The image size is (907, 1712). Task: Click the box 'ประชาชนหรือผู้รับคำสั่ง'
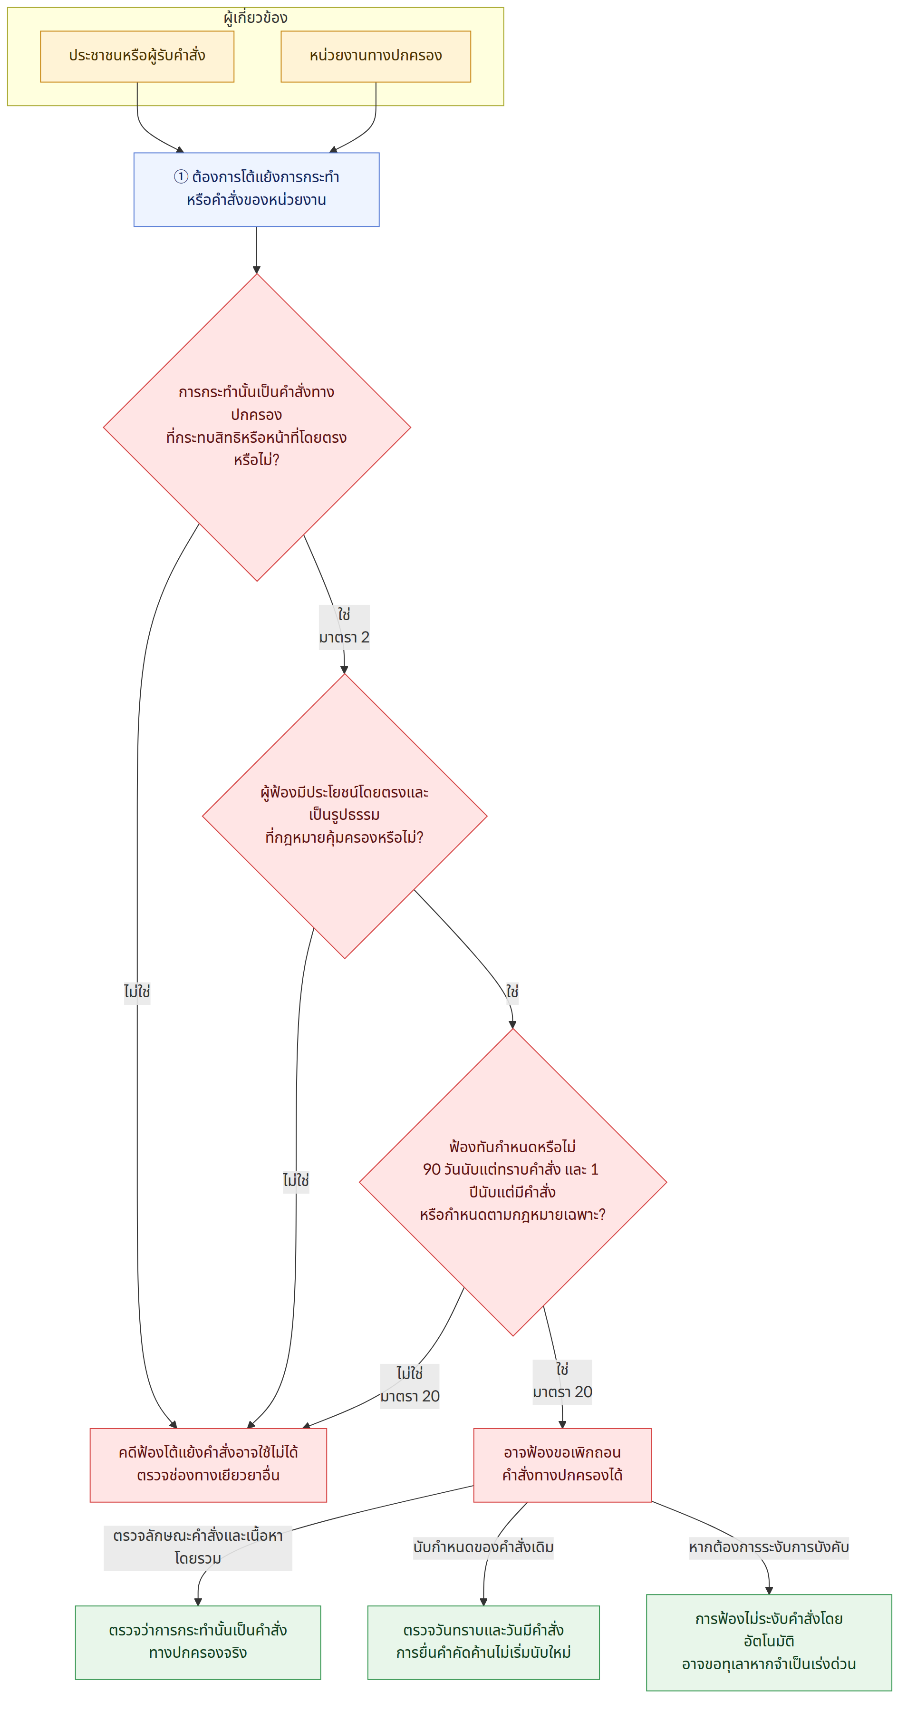pos(137,57)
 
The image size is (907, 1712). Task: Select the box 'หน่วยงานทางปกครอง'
pos(376,57)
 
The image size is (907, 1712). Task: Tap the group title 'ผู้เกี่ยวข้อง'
pos(256,18)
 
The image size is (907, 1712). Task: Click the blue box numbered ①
pos(257,189)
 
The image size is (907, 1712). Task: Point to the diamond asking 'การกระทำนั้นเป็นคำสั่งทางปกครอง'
pos(257,428)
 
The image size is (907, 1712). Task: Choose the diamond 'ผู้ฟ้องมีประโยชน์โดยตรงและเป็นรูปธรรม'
pos(345,816)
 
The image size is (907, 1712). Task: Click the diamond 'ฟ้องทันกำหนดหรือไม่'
pos(513,1182)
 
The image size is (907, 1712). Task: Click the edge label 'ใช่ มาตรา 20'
pos(562,1381)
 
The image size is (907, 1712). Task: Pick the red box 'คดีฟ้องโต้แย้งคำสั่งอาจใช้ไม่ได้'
pos(209,1465)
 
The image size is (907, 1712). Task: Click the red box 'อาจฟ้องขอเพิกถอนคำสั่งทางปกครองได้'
pos(562,1465)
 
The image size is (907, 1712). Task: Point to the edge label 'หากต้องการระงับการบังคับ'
pos(769,1547)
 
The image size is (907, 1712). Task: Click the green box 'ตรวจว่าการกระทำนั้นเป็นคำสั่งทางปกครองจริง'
pos(198,1642)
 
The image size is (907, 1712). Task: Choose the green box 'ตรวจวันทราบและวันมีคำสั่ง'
pos(484,1642)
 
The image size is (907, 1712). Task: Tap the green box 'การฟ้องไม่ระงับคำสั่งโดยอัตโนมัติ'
pos(769,1642)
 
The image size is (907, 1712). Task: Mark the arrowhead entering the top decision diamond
pos(257,270)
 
